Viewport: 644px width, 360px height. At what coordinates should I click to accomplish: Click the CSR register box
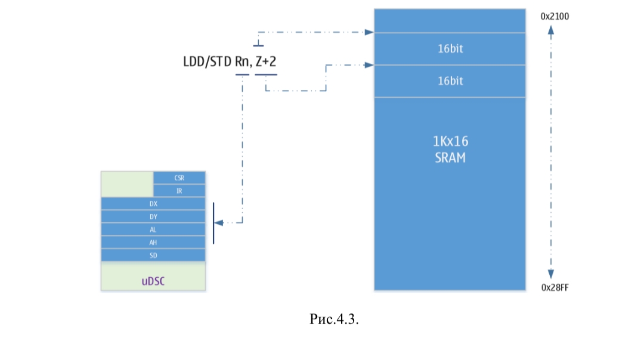point(179,178)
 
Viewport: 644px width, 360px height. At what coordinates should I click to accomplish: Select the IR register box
point(179,191)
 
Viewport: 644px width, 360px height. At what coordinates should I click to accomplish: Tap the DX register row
point(153,204)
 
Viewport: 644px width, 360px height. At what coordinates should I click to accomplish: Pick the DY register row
point(153,217)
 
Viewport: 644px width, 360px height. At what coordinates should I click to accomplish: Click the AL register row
point(153,229)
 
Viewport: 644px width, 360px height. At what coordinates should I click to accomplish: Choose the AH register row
point(153,243)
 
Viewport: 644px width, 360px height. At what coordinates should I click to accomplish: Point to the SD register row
point(153,255)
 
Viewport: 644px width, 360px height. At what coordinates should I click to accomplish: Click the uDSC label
point(153,281)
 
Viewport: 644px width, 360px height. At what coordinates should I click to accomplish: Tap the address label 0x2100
point(555,17)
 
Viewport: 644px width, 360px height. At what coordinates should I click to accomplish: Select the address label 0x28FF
point(555,287)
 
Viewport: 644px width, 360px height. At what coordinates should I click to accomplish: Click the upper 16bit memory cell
point(450,49)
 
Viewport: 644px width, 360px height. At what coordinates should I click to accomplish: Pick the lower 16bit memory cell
point(450,81)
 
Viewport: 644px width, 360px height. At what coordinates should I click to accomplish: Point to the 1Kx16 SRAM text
point(450,150)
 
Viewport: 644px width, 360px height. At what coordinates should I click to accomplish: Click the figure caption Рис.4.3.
point(334,319)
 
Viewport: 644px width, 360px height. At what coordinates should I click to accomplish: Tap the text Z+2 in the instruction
point(266,61)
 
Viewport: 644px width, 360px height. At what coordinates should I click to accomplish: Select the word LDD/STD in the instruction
point(208,61)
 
